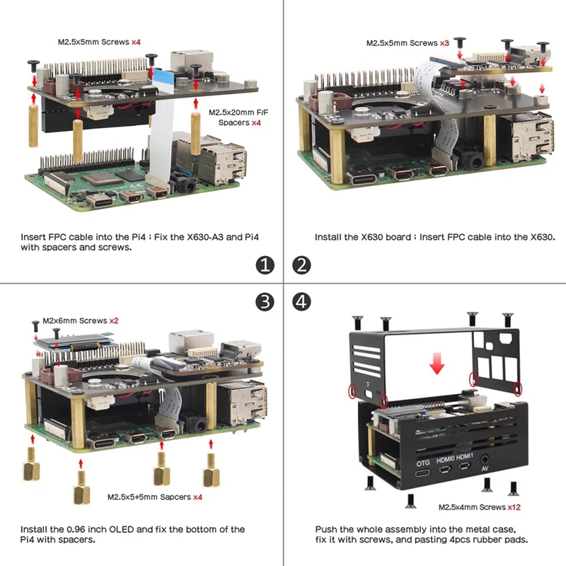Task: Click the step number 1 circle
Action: click(x=264, y=265)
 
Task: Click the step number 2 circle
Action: click(x=302, y=265)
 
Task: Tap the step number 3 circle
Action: click(x=264, y=302)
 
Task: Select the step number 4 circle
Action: click(x=302, y=302)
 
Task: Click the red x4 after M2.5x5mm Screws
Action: click(x=137, y=42)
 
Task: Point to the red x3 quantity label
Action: click(x=444, y=43)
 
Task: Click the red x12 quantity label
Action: click(x=514, y=507)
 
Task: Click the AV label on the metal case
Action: click(x=485, y=469)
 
